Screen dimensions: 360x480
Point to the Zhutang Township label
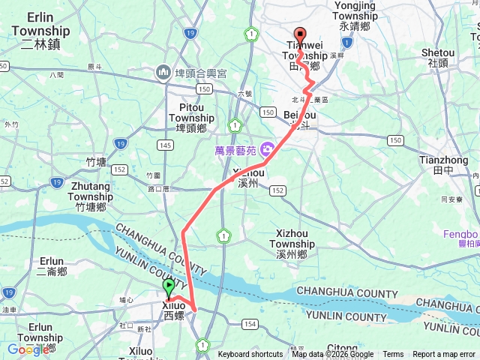90,190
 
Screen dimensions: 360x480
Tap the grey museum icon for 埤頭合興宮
163,72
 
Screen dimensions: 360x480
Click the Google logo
28,349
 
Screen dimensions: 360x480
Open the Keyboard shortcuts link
250,355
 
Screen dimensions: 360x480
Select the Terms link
393,355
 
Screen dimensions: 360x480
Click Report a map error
444,355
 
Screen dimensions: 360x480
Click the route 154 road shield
249,324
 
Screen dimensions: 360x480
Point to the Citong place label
342,349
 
